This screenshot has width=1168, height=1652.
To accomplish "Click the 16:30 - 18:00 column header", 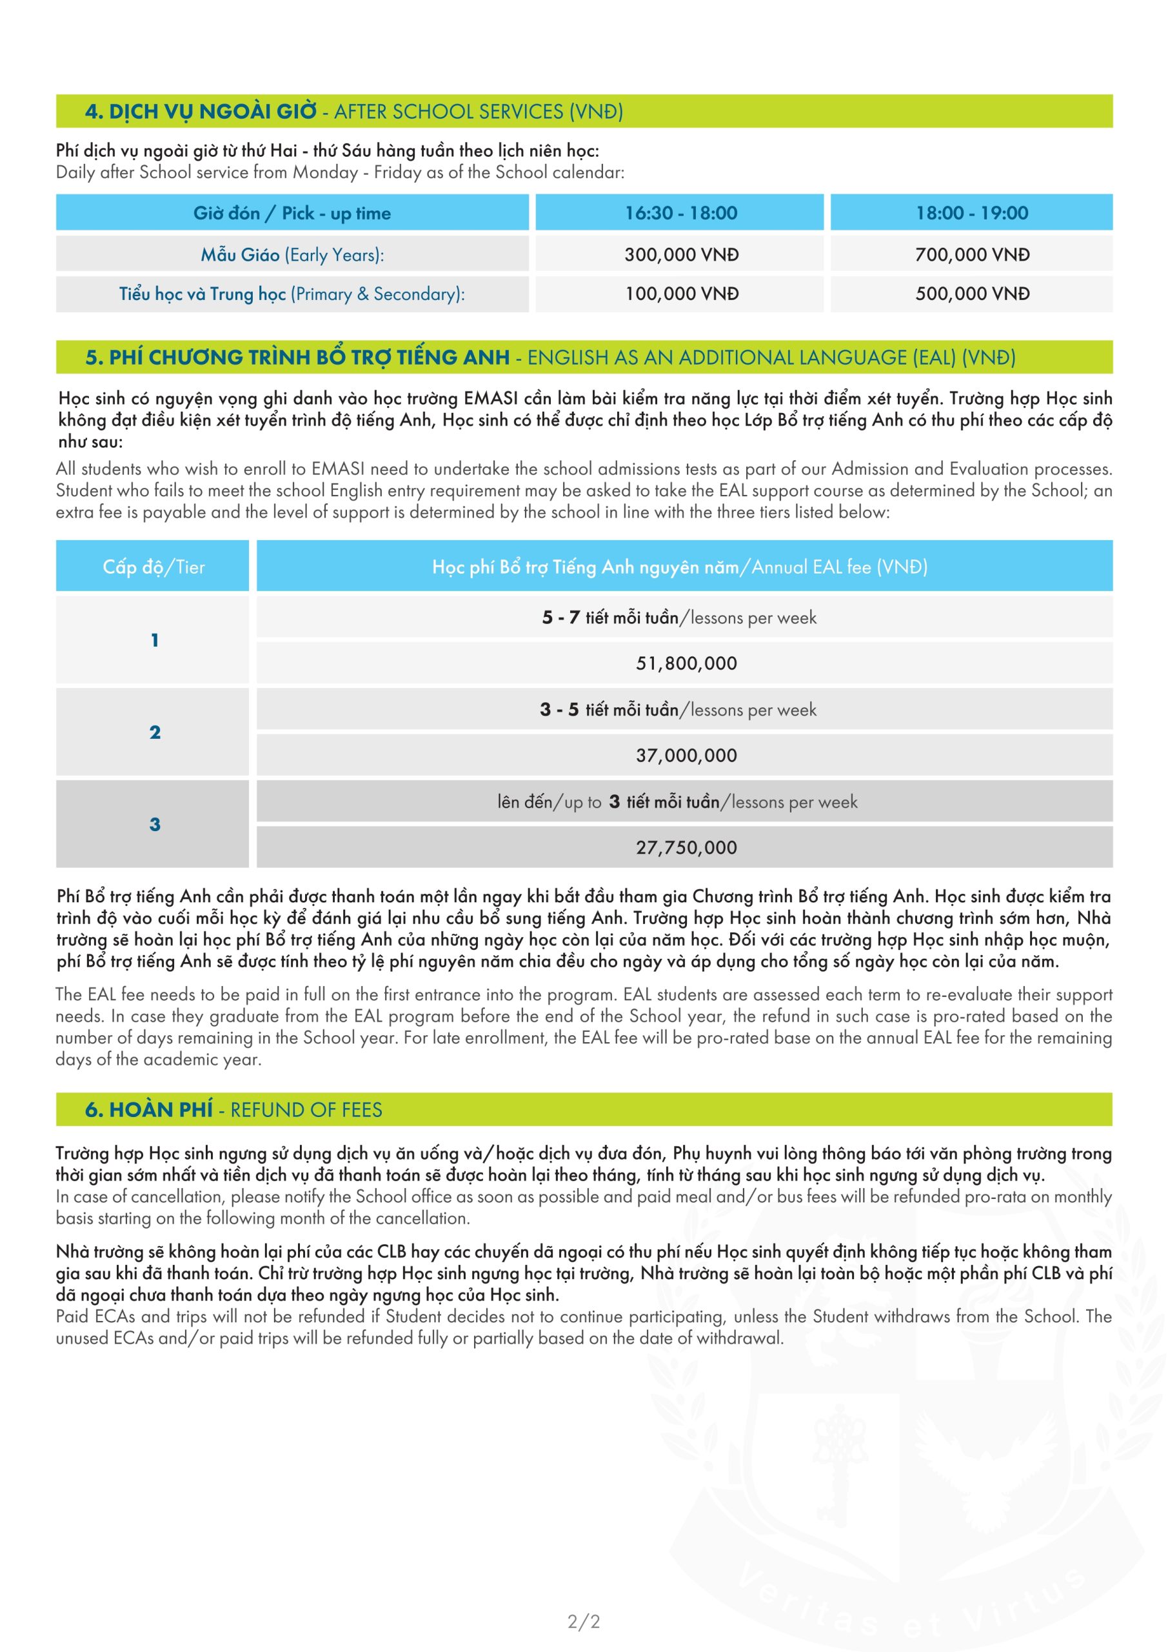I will [680, 213].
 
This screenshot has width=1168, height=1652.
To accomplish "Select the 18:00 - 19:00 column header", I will [972, 213].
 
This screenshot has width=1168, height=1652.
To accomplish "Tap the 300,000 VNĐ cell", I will [681, 255].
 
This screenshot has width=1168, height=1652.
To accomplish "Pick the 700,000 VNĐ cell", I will [972, 255].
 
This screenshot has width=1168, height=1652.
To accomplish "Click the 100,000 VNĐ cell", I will [681, 294].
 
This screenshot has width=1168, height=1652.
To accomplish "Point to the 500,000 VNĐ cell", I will [972, 294].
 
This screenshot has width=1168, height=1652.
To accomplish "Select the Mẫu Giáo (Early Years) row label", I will [292, 255].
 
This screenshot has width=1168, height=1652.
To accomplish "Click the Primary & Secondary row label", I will [292, 294].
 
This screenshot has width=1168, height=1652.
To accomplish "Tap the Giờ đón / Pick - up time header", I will [292, 213].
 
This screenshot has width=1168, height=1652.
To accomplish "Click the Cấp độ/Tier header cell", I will [153, 567].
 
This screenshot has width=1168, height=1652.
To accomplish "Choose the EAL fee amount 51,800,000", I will [686, 663].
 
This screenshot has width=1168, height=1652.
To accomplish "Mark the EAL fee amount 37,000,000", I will [686, 756].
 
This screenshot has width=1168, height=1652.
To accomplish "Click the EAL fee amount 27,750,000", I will [686, 847].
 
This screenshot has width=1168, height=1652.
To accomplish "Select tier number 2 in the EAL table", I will [155, 732].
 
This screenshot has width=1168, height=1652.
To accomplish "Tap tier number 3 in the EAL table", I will [155, 825].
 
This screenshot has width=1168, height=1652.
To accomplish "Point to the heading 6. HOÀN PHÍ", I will [149, 1109].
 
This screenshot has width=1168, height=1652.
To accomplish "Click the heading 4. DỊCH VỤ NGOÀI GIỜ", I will [201, 112].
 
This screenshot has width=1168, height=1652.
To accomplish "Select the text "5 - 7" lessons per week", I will [560, 618].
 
